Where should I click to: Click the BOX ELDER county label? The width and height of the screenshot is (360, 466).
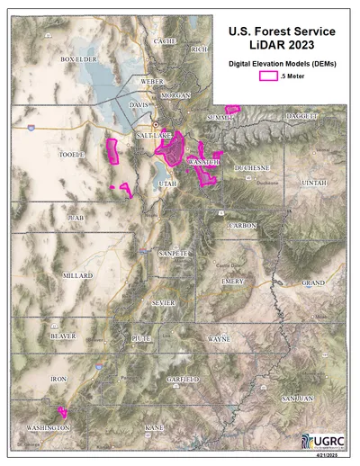(x=78, y=59)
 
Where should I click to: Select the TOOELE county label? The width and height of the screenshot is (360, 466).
(x=71, y=155)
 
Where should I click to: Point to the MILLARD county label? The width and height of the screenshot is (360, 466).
(x=77, y=275)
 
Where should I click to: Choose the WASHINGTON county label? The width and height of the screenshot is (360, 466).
(x=47, y=427)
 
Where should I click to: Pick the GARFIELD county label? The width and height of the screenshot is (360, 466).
(x=183, y=380)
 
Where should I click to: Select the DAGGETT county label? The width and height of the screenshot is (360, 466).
(x=301, y=117)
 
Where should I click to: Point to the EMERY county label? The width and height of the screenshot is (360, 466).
(x=233, y=282)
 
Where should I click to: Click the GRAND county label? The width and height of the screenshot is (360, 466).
(x=313, y=282)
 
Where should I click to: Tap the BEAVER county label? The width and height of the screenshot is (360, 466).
(x=63, y=335)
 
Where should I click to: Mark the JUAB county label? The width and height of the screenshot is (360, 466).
(x=75, y=218)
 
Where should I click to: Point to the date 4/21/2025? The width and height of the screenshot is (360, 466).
(x=332, y=459)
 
